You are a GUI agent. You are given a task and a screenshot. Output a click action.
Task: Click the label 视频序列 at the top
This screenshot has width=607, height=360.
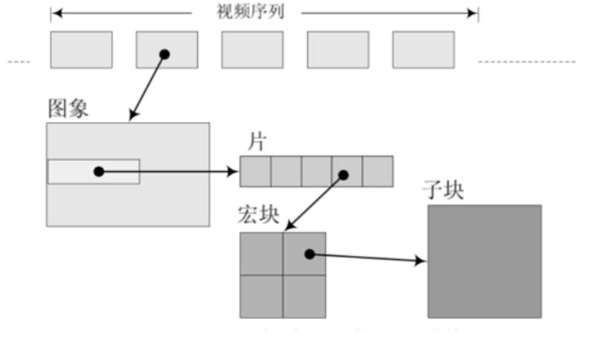tap(249, 12)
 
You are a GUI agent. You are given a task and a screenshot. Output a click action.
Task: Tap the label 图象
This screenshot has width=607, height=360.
tap(68, 109)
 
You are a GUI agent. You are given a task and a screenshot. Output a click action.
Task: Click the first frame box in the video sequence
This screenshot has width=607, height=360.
tap(81, 50)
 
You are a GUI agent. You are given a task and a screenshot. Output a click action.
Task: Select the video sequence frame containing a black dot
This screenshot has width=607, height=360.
tap(167, 50)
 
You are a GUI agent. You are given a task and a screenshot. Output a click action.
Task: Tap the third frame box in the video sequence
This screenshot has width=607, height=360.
tap(252, 50)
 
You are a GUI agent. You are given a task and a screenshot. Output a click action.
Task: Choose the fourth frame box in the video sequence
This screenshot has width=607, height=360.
tap(338, 50)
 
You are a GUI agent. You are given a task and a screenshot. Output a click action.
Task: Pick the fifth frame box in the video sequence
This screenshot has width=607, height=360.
tap(423, 50)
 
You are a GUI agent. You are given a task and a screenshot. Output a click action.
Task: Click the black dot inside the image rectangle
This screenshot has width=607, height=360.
tap(99, 171)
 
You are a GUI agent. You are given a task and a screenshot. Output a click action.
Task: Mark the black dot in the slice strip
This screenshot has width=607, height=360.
tap(344, 176)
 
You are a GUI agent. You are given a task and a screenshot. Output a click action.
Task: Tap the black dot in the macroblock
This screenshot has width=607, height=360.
tap(309, 254)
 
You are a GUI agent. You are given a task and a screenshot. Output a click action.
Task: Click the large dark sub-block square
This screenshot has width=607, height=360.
tap(484, 261)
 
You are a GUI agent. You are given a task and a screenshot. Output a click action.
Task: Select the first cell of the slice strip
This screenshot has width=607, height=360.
tap(255, 171)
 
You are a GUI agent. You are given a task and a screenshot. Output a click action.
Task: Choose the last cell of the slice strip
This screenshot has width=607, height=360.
tap(377, 171)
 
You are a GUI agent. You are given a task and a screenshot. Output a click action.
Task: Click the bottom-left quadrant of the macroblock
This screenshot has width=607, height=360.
tap(261, 296)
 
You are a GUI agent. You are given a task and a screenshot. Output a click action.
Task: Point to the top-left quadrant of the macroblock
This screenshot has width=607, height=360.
tap(261, 254)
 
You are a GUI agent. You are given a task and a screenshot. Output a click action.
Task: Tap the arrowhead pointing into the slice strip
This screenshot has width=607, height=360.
tap(234, 172)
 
